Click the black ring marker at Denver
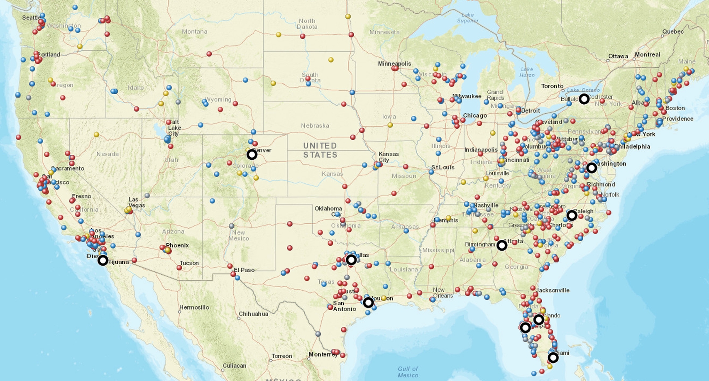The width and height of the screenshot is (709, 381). [252, 155]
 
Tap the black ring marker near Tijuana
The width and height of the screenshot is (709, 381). [103, 261]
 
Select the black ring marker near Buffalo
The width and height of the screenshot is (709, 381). [584, 99]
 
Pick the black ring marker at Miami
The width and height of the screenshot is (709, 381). [553, 358]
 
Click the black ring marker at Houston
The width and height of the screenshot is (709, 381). [368, 303]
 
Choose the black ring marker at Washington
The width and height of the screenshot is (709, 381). [592, 168]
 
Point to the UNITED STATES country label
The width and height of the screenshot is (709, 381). [320, 150]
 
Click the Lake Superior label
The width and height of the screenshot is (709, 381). [468, 18]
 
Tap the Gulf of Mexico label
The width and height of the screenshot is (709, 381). [408, 372]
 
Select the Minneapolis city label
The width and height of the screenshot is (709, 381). [394, 64]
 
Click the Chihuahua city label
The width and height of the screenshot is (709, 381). [253, 314]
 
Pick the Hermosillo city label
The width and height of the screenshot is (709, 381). [194, 308]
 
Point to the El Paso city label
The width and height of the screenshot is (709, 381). [244, 270]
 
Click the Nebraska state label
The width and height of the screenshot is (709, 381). [315, 125]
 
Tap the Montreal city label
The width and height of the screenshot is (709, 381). [647, 54]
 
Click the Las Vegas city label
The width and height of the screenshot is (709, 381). [137, 202]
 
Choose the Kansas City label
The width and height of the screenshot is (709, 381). [388, 157]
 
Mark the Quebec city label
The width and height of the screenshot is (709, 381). [673, 32]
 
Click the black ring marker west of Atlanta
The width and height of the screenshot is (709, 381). [502, 246]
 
